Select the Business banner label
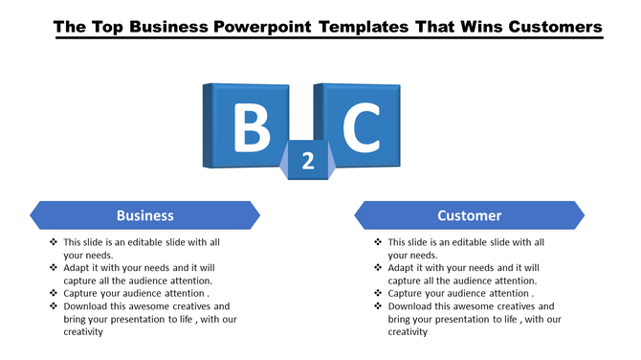coord(145,215)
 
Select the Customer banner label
coord(470,215)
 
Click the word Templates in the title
coord(367,27)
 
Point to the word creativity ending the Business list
coord(83,331)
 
